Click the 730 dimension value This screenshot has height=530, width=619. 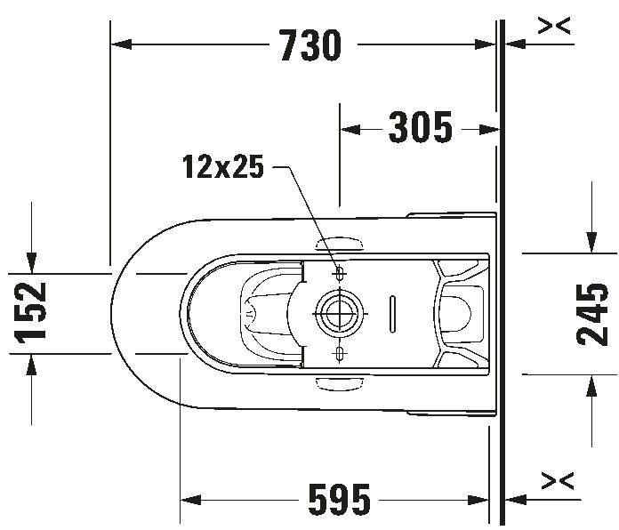click(x=310, y=45)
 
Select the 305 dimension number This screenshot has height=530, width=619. click(x=420, y=130)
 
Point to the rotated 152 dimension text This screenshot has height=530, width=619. click(x=32, y=311)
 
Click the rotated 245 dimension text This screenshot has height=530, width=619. click(x=592, y=313)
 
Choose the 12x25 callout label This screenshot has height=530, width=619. click(x=223, y=166)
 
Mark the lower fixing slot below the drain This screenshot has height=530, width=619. click(x=338, y=355)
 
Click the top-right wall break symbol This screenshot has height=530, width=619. click(x=555, y=27)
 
